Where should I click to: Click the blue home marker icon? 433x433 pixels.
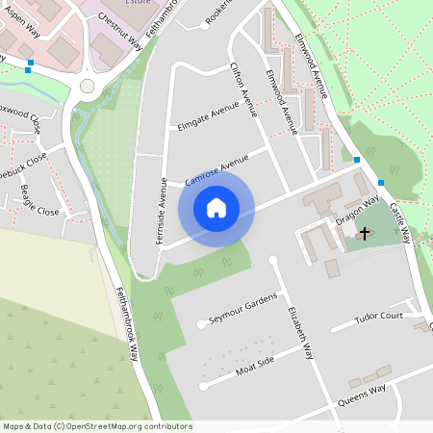click(x=216, y=208)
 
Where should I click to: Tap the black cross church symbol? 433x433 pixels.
click(x=364, y=233)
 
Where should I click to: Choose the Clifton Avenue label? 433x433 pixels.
click(x=243, y=89)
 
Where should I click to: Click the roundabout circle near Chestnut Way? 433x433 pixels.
click(x=88, y=86)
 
